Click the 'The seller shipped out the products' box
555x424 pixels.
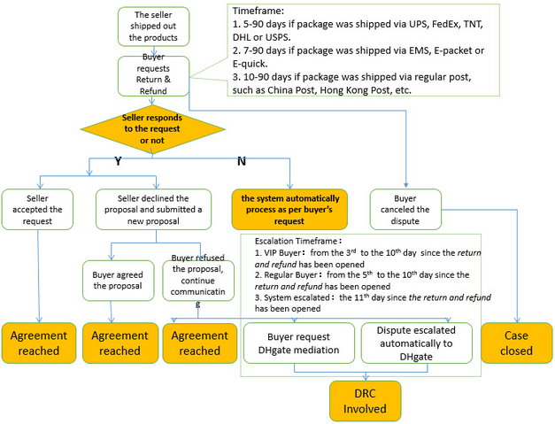[x=154, y=27]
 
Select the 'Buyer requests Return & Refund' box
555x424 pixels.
[x=154, y=76]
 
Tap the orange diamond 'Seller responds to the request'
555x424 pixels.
[x=152, y=129]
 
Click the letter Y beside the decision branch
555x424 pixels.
[x=119, y=161]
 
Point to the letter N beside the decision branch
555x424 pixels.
[x=242, y=161]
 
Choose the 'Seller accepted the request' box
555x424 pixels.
[x=37, y=210]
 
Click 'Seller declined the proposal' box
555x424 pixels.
[x=154, y=210]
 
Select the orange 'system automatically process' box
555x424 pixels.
[x=289, y=210]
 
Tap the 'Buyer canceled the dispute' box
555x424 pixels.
[x=405, y=210]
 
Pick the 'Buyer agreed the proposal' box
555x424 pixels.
[x=119, y=281]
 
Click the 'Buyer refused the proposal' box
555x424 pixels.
[x=198, y=281]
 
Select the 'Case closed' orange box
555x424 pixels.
[x=517, y=343]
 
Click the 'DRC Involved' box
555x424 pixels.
[x=366, y=401]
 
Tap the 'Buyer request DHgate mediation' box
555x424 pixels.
[x=299, y=343]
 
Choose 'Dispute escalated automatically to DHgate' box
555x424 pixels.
[x=417, y=343]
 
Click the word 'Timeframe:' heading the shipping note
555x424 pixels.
[x=258, y=11]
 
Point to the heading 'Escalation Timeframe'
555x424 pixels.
[x=296, y=241]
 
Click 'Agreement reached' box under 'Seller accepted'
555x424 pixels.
[x=39, y=343]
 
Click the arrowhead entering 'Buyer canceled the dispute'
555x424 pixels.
[x=406, y=185]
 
